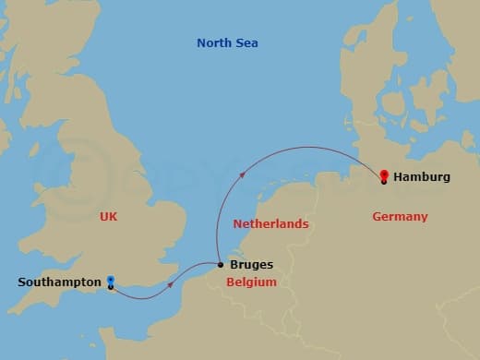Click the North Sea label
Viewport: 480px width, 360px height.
click(227, 43)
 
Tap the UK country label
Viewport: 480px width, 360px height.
click(110, 216)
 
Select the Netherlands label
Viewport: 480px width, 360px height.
click(270, 224)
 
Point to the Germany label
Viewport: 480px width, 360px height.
click(400, 217)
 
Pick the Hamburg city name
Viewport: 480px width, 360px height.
click(422, 176)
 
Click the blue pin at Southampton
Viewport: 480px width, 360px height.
click(111, 281)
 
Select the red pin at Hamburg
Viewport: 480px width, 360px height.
click(384, 174)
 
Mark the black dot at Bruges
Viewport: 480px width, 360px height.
click(220, 266)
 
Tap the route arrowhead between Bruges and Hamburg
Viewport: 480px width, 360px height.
click(242, 173)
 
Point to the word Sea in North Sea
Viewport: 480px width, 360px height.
click(246, 43)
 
